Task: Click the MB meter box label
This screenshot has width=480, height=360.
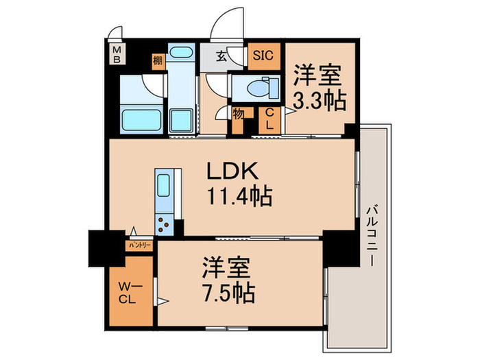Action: pyautogui.click(x=116, y=53)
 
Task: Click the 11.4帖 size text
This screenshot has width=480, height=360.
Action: pyautogui.click(x=239, y=197)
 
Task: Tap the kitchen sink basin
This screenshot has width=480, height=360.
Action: pyautogui.click(x=165, y=186)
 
